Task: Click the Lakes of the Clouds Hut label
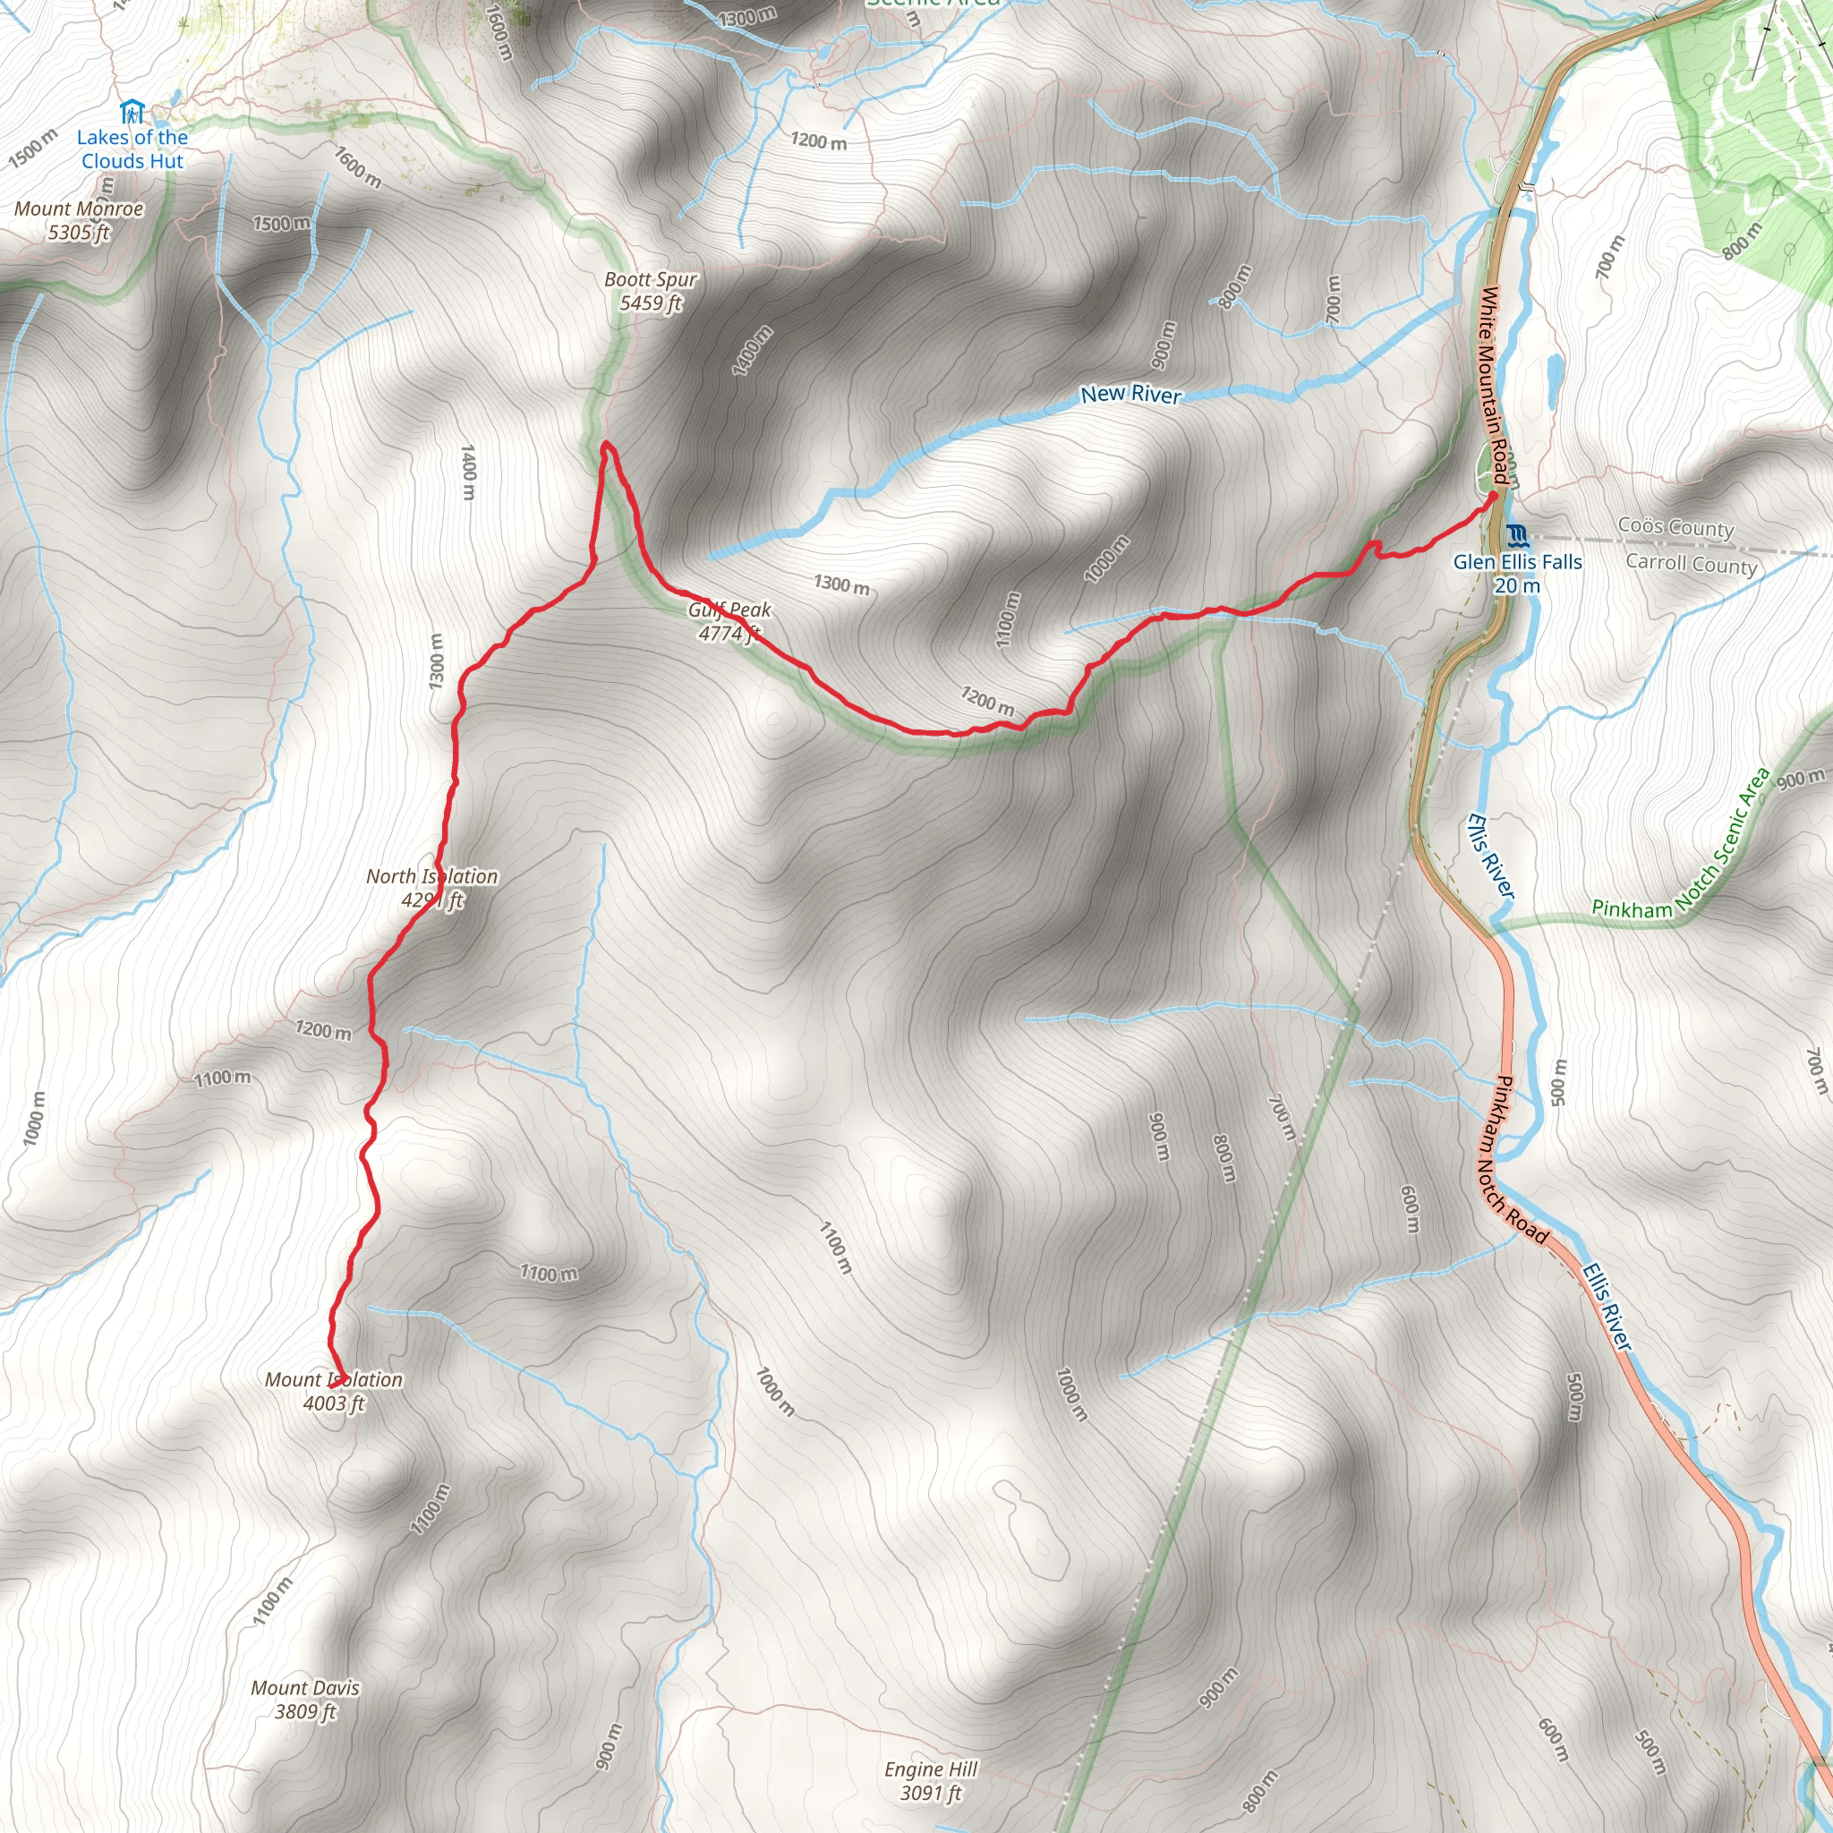pyautogui.click(x=132, y=149)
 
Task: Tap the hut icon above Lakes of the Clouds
pyautogui.click(x=132, y=112)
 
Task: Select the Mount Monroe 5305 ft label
pyautogui.click(x=79, y=220)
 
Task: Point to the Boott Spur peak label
pyautogui.click(x=650, y=290)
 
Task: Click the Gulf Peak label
pyautogui.click(x=729, y=620)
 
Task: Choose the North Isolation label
pyautogui.click(x=431, y=887)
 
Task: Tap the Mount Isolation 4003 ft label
pyautogui.click(x=333, y=1391)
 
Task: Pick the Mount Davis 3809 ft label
pyautogui.click(x=304, y=1700)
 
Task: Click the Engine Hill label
pyautogui.click(x=930, y=1781)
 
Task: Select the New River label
pyautogui.click(x=1130, y=394)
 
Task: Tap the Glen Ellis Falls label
pyautogui.click(x=1517, y=573)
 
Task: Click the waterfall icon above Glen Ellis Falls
pyautogui.click(x=1517, y=537)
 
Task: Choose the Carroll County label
pyautogui.click(x=1691, y=564)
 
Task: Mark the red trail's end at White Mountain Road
pyautogui.click(x=1492, y=495)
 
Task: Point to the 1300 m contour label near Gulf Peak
pyautogui.click(x=840, y=584)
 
